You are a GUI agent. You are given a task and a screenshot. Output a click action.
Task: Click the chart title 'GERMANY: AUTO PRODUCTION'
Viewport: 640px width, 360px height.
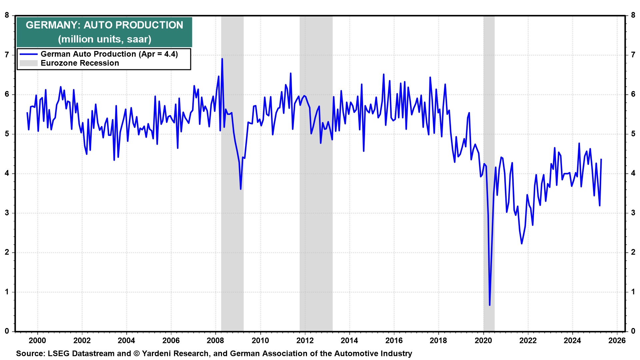(104, 25)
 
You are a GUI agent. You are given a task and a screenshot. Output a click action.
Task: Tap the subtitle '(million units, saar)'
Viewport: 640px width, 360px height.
(104, 39)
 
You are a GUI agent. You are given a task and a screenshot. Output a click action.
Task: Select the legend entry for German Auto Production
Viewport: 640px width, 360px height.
(109, 54)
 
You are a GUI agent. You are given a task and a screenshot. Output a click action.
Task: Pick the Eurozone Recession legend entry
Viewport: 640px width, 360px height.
(80, 63)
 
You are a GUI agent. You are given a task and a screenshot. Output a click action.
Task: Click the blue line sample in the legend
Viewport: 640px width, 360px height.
(28, 54)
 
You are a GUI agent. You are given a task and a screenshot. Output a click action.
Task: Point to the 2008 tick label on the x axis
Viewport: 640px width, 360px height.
(215, 340)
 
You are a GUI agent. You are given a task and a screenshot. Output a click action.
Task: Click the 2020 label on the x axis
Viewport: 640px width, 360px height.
(483, 340)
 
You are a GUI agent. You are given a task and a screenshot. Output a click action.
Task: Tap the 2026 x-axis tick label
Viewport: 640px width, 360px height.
(617, 340)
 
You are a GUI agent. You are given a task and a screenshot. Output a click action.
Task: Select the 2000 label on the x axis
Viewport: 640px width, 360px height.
(37, 340)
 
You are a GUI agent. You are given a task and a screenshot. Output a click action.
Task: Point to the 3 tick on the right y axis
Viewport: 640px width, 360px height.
(633, 213)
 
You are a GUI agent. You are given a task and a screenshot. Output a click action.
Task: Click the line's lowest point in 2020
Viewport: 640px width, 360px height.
(490, 305)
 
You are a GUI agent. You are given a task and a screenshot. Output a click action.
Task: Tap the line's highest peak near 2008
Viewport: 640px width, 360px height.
(222, 59)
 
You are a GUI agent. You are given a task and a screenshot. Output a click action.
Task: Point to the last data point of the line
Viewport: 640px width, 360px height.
(601, 159)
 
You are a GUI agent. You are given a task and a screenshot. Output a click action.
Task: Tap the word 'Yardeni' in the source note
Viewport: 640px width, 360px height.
(156, 353)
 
